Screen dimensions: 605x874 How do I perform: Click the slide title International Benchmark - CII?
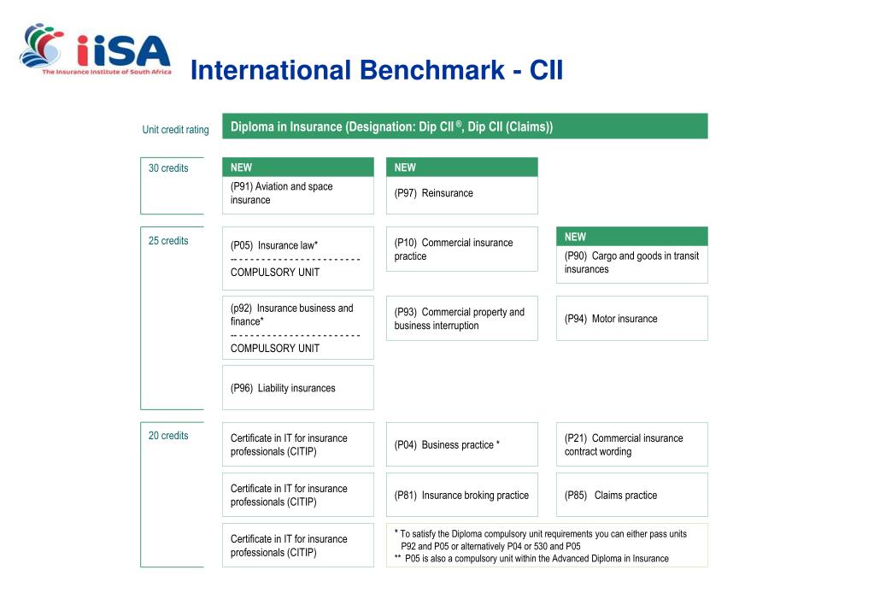click(x=377, y=70)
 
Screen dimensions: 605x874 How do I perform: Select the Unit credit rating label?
click(x=175, y=130)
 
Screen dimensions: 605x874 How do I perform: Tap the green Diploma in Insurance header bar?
click(x=465, y=126)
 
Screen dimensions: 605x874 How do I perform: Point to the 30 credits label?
click(x=168, y=168)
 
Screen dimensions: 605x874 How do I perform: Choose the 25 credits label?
click(x=168, y=241)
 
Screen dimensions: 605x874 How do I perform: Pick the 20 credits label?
click(x=168, y=436)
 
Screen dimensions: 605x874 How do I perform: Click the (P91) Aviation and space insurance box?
click(x=297, y=194)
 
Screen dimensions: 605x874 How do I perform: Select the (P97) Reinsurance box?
click(x=461, y=194)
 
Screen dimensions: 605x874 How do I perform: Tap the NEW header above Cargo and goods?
click(x=631, y=237)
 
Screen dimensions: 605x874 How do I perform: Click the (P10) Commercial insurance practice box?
click(x=461, y=250)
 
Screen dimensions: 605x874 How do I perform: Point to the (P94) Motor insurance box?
click(x=631, y=319)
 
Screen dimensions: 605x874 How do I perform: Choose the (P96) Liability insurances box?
click(x=297, y=388)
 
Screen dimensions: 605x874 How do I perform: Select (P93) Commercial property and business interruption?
click(x=461, y=319)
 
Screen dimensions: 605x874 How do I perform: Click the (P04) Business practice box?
click(x=461, y=444)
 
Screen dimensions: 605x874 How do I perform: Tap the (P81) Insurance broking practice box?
click(x=461, y=495)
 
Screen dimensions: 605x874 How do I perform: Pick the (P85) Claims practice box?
click(x=631, y=495)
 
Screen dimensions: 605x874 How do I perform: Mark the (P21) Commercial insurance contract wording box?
click(x=631, y=444)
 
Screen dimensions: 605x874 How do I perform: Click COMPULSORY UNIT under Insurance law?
click(x=275, y=273)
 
